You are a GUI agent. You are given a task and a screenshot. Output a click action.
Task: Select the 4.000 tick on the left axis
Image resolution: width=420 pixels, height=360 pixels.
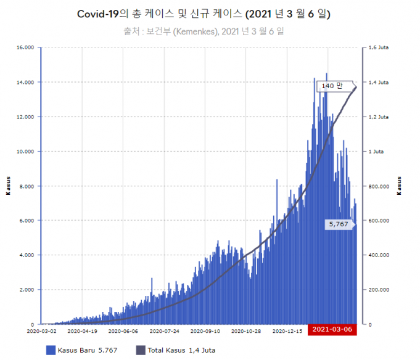(x=25, y=255)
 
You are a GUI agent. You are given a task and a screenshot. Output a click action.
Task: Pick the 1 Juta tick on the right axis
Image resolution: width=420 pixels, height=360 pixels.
(x=376, y=151)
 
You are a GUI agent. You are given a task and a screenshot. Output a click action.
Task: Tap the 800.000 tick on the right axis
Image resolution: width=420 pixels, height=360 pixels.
(x=379, y=186)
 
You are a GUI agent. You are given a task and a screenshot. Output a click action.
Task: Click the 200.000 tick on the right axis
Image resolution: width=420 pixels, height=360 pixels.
(x=379, y=289)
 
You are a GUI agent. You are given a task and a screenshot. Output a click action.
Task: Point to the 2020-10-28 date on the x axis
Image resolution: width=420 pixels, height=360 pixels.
(x=250, y=330)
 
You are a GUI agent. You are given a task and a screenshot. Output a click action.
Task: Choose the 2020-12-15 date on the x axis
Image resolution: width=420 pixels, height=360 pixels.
(x=291, y=330)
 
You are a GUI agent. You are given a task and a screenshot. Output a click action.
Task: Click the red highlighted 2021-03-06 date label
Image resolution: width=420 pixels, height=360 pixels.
(x=332, y=329)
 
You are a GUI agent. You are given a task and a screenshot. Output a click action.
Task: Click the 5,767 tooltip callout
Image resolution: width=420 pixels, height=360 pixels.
(x=339, y=224)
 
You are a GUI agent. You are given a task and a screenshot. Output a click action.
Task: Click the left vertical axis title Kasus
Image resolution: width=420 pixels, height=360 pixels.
(x=8, y=186)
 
